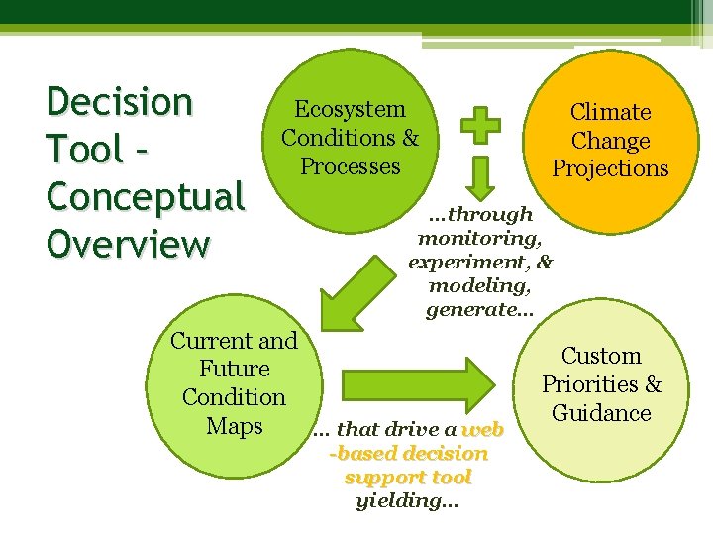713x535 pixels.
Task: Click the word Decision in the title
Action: [x=120, y=102]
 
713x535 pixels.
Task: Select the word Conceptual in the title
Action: [x=145, y=196]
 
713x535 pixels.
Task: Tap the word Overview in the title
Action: [x=128, y=244]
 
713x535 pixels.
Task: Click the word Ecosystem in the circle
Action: [x=350, y=109]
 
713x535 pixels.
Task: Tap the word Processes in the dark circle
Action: [x=350, y=166]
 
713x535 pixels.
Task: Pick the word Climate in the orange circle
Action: [x=610, y=112]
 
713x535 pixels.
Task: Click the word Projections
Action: [x=610, y=168]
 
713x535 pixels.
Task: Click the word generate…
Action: [x=479, y=310]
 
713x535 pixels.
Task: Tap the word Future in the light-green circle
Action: [x=234, y=369]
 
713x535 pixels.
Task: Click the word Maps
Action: [x=234, y=426]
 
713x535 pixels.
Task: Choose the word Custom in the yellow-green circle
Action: [x=601, y=356]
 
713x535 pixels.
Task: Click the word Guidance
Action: [x=601, y=413]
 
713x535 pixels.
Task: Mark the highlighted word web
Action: [x=482, y=429]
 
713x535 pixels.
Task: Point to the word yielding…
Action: [x=407, y=500]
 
